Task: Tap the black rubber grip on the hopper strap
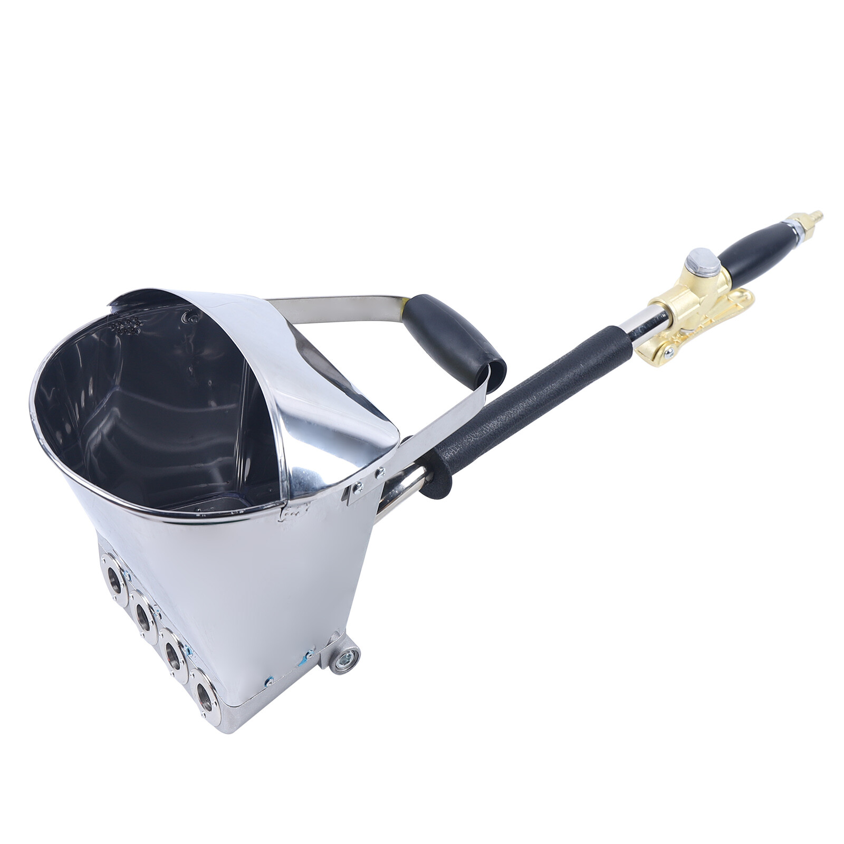[x=454, y=339]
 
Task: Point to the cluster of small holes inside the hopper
[x=126, y=326]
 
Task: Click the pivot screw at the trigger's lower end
[x=669, y=352]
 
